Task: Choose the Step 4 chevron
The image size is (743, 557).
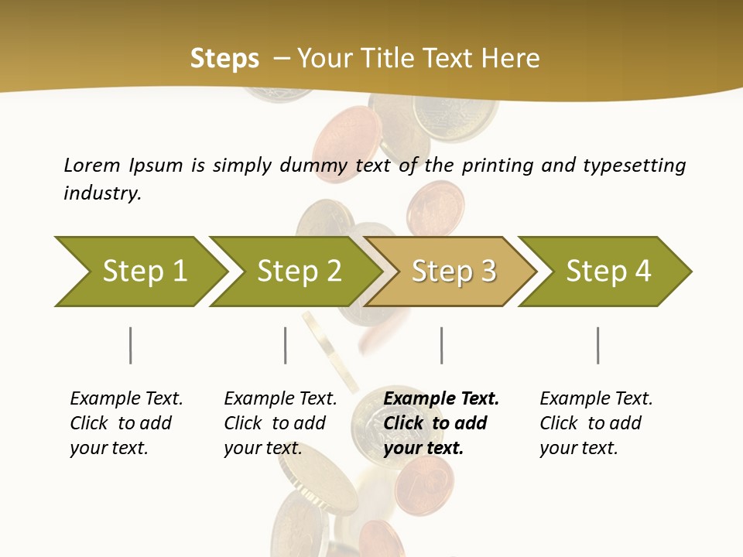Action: tap(608, 272)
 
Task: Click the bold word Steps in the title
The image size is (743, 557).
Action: tap(224, 59)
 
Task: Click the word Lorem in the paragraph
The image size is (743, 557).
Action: tap(92, 165)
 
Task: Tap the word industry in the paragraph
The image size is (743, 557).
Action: tap(101, 193)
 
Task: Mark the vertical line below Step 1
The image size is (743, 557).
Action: tap(130, 345)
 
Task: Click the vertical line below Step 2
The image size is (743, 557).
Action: tap(285, 345)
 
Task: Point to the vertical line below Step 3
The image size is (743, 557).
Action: tap(441, 345)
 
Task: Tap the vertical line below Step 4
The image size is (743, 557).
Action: tap(597, 345)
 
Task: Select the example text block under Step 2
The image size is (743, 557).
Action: tap(279, 423)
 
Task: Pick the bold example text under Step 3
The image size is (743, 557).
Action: tap(440, 423)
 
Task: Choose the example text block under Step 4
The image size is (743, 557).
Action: tap(595, 423)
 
